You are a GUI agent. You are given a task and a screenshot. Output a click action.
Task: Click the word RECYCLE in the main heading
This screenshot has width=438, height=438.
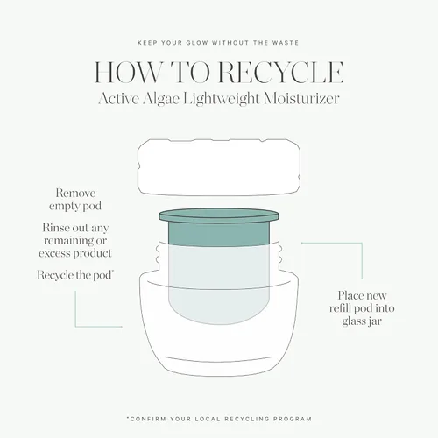pos(281,72)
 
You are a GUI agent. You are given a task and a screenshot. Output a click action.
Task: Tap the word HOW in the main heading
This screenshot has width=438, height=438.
pos(127,72)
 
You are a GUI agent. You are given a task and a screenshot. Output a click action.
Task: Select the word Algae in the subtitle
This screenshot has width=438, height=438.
pos(161,99)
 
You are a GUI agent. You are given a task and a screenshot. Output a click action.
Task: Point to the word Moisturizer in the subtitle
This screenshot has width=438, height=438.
pos(301,99)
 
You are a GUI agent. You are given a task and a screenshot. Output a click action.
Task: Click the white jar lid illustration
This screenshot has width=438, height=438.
pos(219,167)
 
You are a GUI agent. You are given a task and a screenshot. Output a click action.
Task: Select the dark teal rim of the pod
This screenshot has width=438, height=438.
pos(219,216)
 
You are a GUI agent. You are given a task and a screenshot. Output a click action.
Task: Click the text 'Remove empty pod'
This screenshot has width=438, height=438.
pos(75,200)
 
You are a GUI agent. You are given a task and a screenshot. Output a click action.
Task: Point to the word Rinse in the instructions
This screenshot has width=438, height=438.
pos(54,228)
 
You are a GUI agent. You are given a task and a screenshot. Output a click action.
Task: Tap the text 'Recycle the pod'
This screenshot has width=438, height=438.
pos(75,275)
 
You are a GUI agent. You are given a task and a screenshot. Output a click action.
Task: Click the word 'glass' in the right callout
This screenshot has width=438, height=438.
pos(353,321)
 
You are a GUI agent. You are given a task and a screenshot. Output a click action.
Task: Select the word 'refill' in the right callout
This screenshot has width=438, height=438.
pos(340,308)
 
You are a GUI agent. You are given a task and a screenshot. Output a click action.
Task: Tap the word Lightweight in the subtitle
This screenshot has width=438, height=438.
pos(222,99)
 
